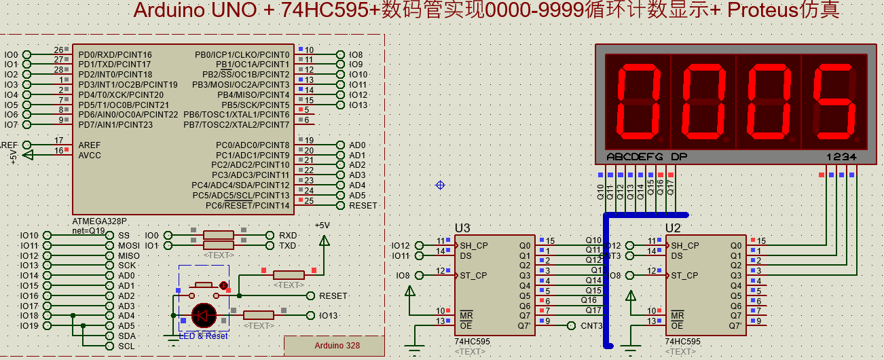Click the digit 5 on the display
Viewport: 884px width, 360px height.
coord(834,101)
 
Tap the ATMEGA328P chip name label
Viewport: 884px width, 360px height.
coord(99,221)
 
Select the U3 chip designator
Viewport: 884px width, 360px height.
coord(462,228)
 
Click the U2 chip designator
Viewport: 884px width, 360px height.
coord(673,228)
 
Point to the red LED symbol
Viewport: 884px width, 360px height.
coord(204,315)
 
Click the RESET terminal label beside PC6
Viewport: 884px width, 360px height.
coord(363,205)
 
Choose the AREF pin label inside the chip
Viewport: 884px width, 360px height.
coord(90,145)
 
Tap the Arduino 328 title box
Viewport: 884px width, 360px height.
coord(337,345)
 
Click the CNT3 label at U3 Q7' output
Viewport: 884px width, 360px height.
coord(591,325)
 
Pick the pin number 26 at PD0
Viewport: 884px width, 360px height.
coord(58,50)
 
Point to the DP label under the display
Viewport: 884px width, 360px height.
coord(678,157)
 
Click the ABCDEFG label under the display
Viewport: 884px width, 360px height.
coord(634,157)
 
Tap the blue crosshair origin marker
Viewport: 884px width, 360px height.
coord(440,185)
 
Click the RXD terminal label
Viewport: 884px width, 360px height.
coord(288,235)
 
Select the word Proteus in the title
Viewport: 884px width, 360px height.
coord(765,10)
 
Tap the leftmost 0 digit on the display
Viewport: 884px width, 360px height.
coord(638,101)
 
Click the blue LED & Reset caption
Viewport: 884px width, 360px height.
coord(204,336)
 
